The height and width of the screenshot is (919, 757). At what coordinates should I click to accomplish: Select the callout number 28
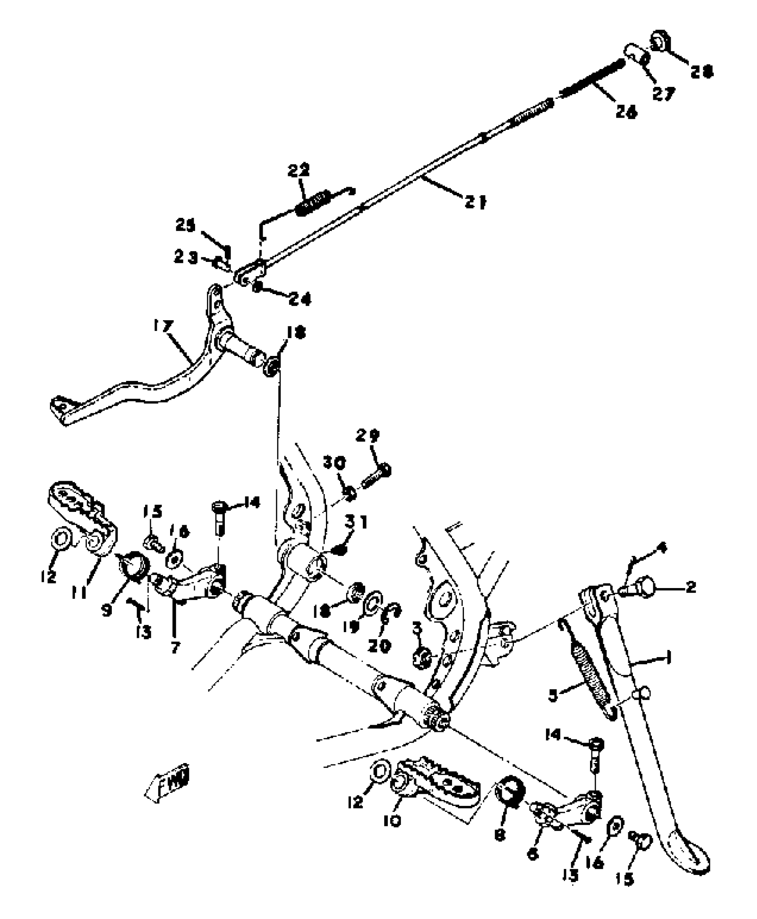coord(702,71)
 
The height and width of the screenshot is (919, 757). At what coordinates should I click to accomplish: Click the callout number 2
coord(690,587)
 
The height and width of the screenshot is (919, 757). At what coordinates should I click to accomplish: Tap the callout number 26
coord(625,112)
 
